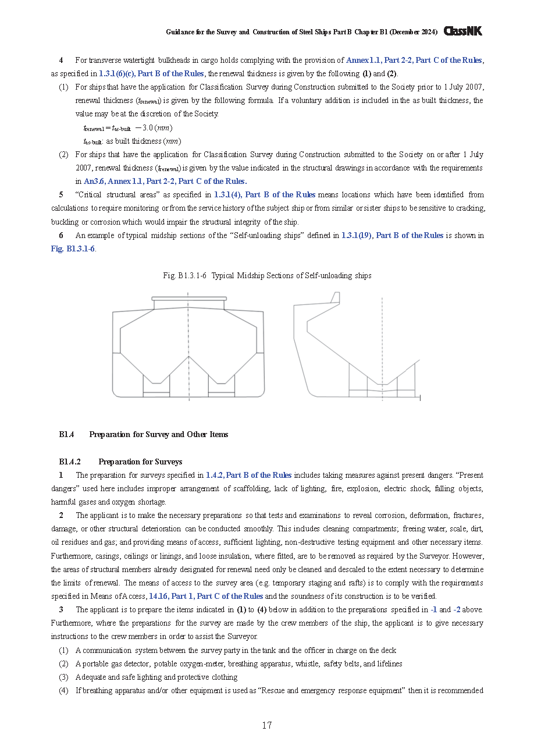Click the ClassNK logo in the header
tap(463, 31)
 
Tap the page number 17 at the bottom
tap(267, 725)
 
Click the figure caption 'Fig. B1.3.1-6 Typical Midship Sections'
tap(267, 275)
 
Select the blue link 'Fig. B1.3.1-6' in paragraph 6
tap(73, 249)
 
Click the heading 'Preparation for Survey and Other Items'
tap(158, 434)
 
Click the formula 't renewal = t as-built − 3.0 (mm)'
tap(127, 128)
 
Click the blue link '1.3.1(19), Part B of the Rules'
tap(392, 235)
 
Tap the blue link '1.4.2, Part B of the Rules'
tap(248, 475)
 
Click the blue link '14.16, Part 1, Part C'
tap(206, 596)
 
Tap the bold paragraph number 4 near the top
tap(61, 60)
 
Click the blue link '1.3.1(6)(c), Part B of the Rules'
tap(151, 73)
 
